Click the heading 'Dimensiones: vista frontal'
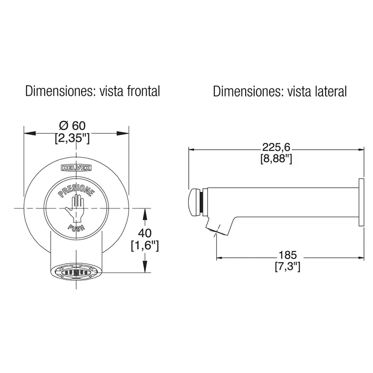[x=92, y=91]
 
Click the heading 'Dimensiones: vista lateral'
[x=279, y=91]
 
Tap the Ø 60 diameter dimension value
[x=74, y=126]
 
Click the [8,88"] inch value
[x=275, y=159]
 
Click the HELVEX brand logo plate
[x=76, y=167]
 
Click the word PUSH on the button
[x=76, y=229]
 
